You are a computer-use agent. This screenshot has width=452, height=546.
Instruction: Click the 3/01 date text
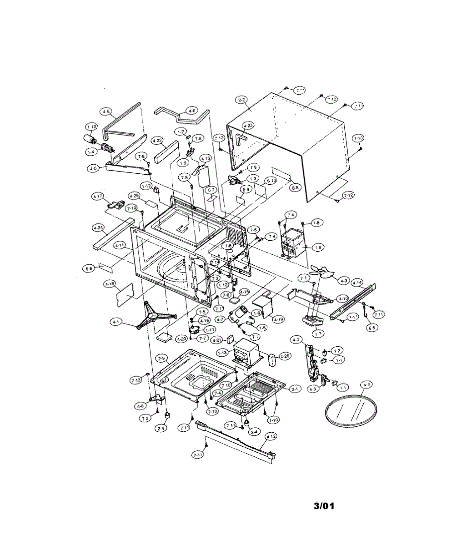[x=324, y=506]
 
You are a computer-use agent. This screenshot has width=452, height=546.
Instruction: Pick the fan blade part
[x=321, y=275]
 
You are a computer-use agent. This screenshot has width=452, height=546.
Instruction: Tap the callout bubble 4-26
[x=284, y=356]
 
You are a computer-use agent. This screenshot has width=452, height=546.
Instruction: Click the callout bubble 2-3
[x=161, y=359]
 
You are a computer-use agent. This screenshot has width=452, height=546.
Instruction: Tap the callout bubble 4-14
[x=357, y=282]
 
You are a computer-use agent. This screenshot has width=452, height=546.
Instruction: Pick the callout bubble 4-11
[x=120, y=246]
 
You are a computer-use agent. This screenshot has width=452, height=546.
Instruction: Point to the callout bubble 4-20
[x=181, y=339]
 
